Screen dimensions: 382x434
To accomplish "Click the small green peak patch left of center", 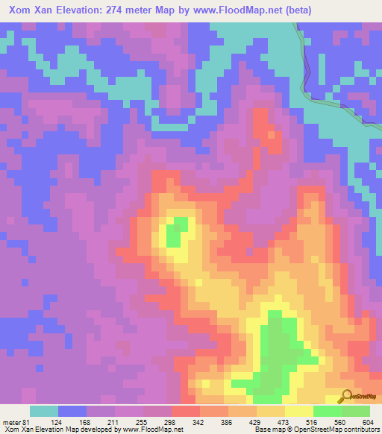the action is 175,234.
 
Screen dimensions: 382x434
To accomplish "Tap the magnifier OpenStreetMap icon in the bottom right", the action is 346,397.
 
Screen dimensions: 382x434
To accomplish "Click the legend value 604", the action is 366,421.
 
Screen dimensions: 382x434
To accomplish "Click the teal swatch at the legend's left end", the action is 44,411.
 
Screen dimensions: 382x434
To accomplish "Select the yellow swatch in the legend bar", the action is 298,411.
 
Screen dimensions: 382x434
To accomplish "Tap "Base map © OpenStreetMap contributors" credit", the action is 316,430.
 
